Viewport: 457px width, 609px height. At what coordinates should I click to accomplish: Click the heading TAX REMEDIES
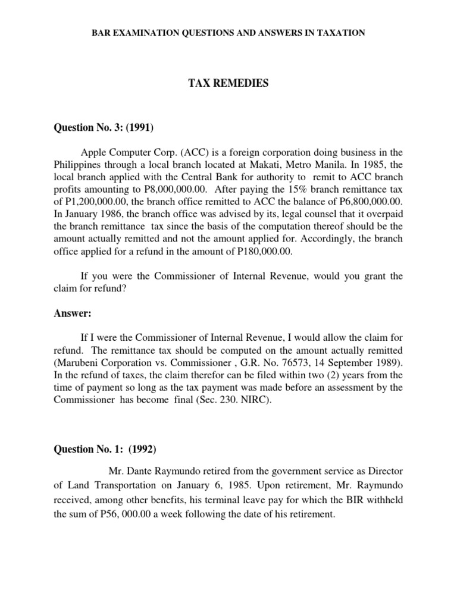[228, 84]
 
